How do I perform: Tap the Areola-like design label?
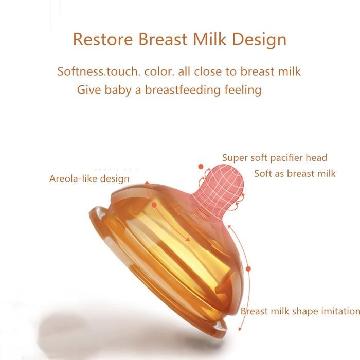(89, 178)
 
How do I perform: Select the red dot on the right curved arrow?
(248, 268)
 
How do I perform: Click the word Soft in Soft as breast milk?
(263, 173)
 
